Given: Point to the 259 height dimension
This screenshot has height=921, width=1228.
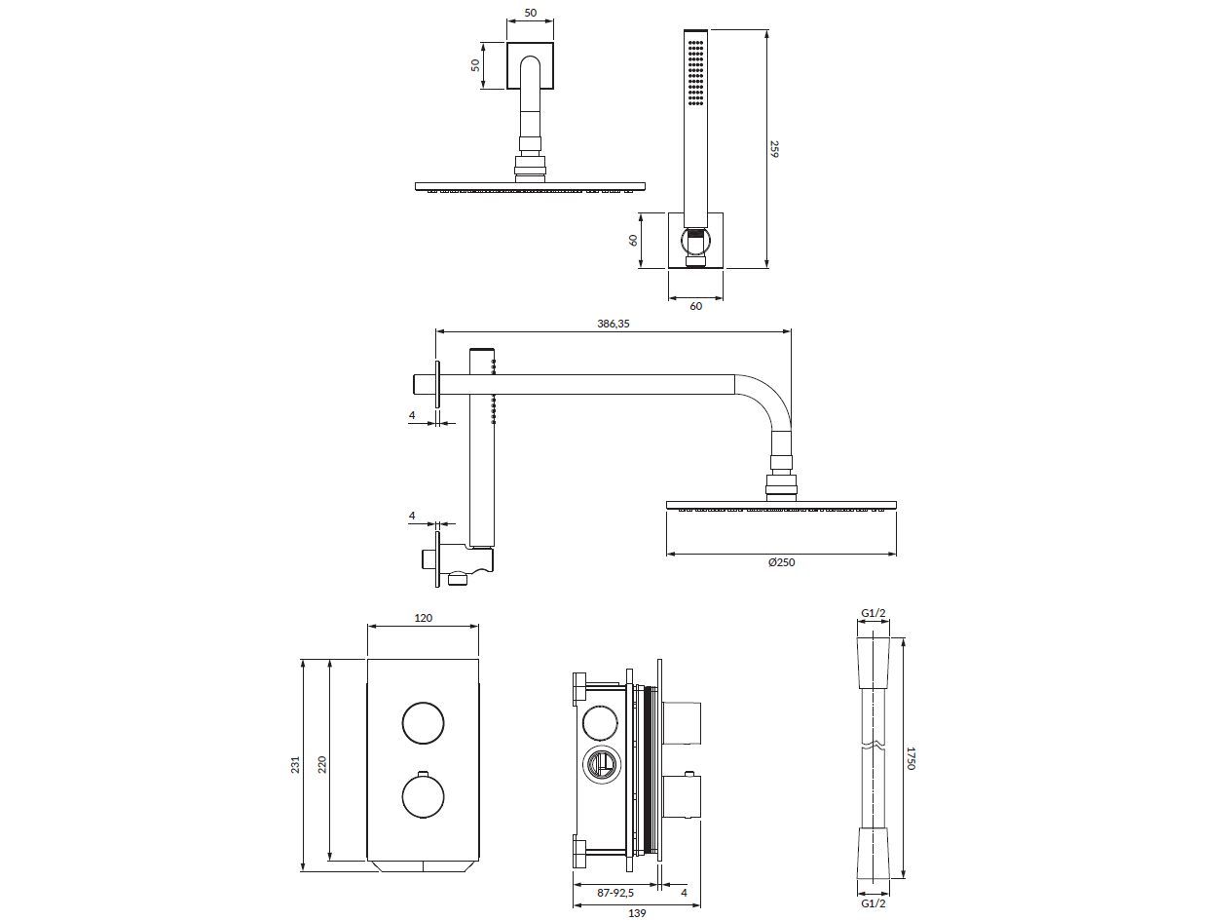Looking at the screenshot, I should pos(775,148).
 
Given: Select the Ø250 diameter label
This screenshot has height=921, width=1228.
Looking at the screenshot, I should pos(781,562).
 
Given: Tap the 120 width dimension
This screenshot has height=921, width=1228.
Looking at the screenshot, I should pos(423,618).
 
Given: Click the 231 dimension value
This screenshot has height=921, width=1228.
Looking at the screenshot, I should pos(296,766).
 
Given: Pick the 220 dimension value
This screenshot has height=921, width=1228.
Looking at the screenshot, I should pos(322,766).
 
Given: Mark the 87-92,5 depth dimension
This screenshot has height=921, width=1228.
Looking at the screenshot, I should pos(614,893).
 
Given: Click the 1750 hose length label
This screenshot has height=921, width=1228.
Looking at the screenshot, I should pos(912,758).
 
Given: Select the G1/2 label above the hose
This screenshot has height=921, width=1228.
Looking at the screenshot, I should pos(873,613).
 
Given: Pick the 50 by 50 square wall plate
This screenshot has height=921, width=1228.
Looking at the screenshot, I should pos(530,66).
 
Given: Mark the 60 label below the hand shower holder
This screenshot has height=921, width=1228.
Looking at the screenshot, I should pos(695,306).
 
